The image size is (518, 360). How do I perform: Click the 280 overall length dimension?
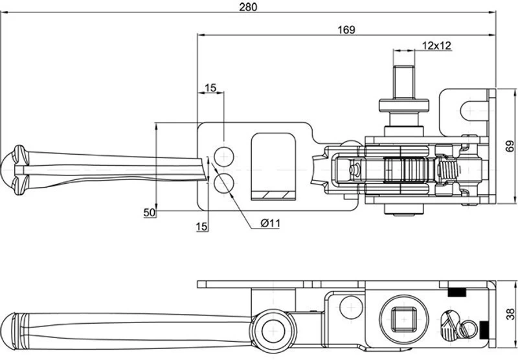[x=248, y=7]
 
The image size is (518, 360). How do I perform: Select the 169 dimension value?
[x=346, y=30]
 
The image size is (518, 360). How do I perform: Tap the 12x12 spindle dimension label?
[x=436, y=45]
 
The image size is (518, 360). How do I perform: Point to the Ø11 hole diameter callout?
[x=270, y=223]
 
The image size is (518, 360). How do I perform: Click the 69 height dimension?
[x=510, y=146]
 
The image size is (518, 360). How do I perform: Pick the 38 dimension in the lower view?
[x=510, y=314]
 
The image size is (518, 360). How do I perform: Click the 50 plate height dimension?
[x=150, y=212]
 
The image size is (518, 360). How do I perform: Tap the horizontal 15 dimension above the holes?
[x=210, y=88]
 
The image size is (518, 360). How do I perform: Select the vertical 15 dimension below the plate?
[x=201, y=227]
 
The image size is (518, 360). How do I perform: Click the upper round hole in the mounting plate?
[x=223, y=157]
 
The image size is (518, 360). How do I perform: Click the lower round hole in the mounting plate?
[x=223, y=184]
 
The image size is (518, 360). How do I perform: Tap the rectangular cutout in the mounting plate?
[x=273, y=166]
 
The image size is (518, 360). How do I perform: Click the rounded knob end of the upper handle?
[x=13, y=170]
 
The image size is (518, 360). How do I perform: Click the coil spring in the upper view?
[x=448, y=170]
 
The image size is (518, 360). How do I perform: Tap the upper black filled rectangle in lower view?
[x=456, y=292]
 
